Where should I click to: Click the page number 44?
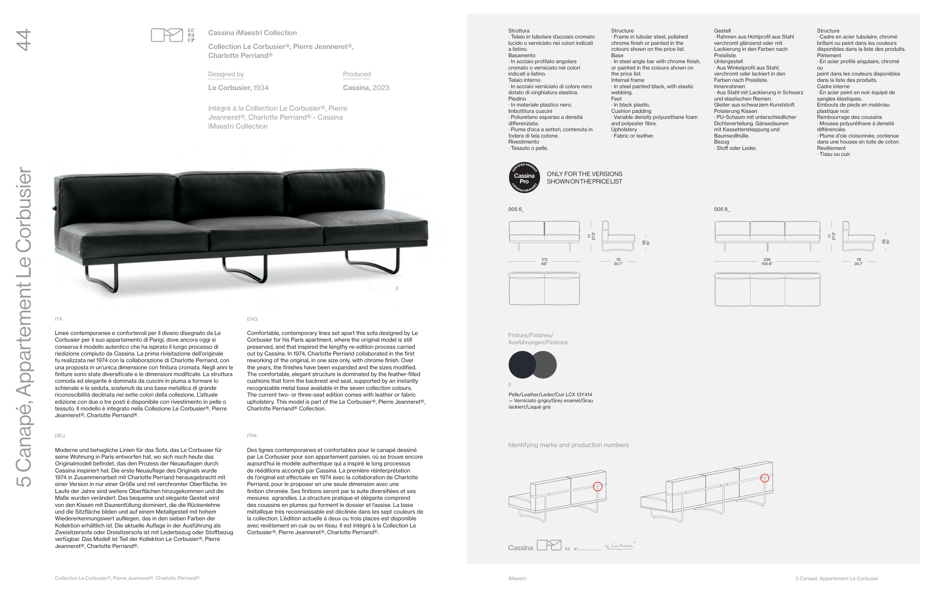[23, 40]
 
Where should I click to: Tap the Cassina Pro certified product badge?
[524, 178]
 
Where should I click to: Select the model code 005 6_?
[516, 209]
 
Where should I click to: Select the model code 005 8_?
[721, 209]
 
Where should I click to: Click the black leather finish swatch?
[521, 365]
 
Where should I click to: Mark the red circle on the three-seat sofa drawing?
[764, 478]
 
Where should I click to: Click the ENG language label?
[252, 319]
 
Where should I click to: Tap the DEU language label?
[60, 436]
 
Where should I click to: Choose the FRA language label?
[252, 436]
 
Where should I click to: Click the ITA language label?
[59, 319]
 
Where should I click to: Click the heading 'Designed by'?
[226, 74]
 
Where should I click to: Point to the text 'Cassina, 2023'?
[366, 88]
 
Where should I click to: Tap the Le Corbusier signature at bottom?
[619, 546]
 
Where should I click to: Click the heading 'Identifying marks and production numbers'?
[568, 445]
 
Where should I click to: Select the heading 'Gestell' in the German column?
[722, 31]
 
